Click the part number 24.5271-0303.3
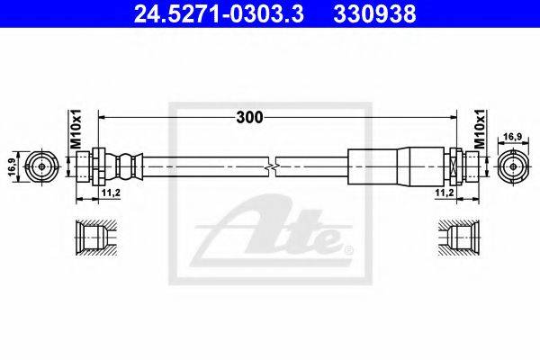pos(219,13)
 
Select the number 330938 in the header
pos(374,13)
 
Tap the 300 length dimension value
pos(249,118)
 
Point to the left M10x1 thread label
pos(76,130)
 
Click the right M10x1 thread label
pos(479,130)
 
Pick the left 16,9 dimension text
pos(13,166)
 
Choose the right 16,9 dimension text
pos(513,137)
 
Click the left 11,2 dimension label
pos(111,193)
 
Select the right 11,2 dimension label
pos(445,193)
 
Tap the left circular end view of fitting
pos(42,166)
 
